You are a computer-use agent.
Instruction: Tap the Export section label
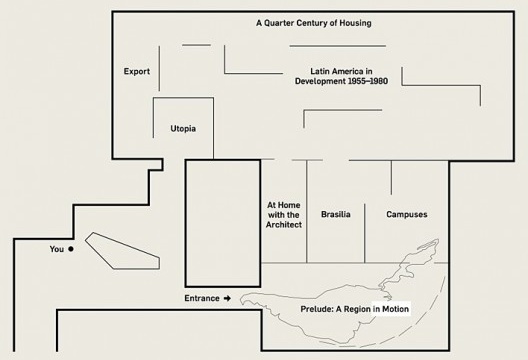tap(137, 72)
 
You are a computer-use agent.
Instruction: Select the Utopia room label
tap(182, 129)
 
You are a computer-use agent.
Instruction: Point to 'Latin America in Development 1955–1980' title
tap(341, 75)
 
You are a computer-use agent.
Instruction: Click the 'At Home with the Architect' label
tap(283, 215)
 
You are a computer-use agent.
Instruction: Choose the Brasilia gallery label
tap(336, 215)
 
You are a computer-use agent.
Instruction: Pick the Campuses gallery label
tap(407, 215)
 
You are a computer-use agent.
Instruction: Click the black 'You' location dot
tap(71, 248)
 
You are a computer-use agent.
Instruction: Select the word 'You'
tap(56, 248)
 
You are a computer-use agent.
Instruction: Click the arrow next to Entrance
tap(227, 298)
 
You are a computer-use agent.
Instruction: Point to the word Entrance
tap(201, 298)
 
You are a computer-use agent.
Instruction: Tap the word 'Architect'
tap(284, 226)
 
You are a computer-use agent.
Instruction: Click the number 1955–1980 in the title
tap(364, 81)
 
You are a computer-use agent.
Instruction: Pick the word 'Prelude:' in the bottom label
tap(318, 310)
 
